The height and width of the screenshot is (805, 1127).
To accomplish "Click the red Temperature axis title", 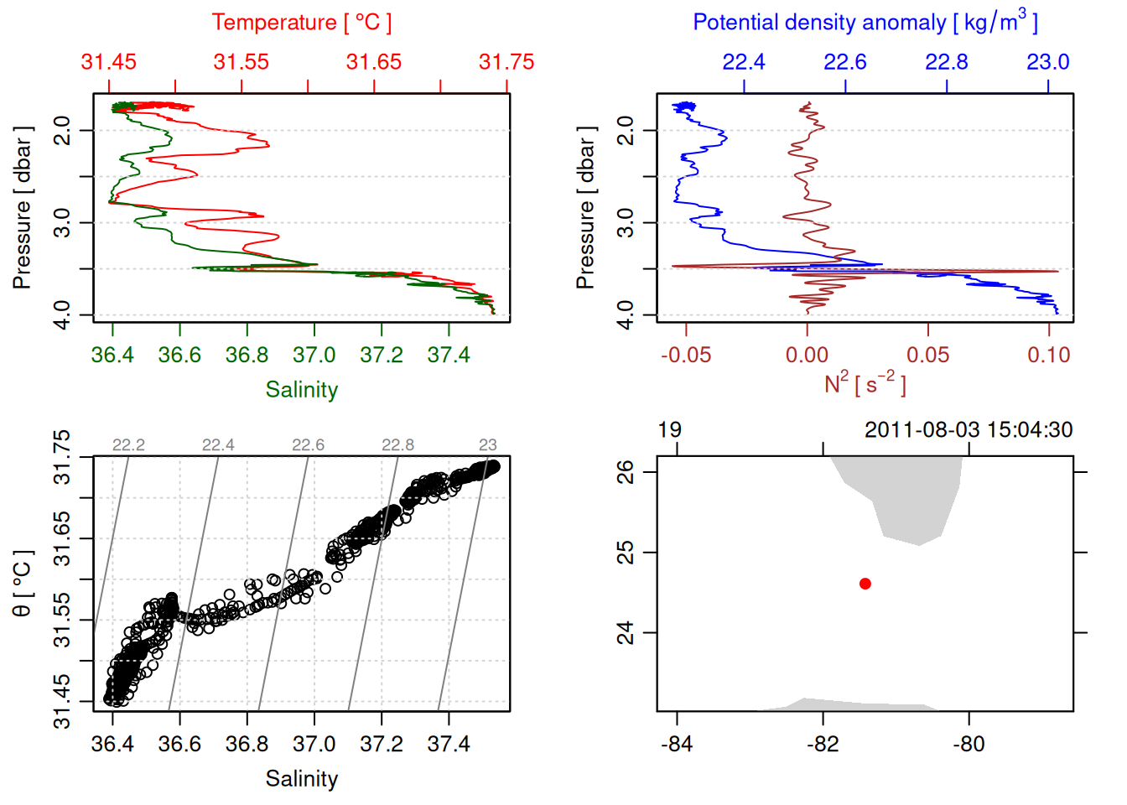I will coord(301,23).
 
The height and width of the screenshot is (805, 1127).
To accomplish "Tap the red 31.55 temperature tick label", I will coord(241,62).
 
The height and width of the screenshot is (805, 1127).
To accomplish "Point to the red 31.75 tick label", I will coord(506,62).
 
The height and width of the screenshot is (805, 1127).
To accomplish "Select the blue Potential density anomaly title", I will coord(865,22).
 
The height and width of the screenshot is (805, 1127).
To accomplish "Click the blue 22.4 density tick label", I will coord(744,62).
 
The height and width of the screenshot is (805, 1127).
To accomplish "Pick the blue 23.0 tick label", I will coord(1048,62).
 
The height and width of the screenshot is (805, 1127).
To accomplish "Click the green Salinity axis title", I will coord(301,390).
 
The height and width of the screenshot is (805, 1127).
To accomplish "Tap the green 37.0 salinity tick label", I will coord(314,356).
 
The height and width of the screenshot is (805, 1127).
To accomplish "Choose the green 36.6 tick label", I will coord(179,356).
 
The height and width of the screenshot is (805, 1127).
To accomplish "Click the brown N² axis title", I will coord(865,384).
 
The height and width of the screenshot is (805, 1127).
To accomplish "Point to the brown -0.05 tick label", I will coord(686,356).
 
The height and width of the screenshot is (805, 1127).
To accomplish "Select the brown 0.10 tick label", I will coord(1049,356).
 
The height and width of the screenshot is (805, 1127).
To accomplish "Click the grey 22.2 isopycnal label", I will coord(128,445).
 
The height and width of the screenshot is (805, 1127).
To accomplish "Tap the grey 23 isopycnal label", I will coord(488,445).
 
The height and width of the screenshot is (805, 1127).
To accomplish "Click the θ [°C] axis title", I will coord(23,584).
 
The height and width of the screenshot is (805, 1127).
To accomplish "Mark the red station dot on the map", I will coord(865,584).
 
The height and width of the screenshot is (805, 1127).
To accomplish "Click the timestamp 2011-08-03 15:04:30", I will coord(969,430).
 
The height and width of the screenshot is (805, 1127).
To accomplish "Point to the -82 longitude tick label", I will coord(823,745).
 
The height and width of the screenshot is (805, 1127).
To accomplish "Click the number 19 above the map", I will coord(669,430).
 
